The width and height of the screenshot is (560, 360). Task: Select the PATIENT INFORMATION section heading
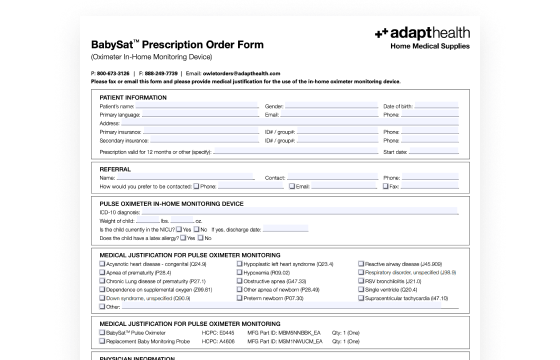point(133,97)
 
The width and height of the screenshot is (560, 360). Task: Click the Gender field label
point(274,105)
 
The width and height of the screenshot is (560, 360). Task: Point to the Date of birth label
point(402,105)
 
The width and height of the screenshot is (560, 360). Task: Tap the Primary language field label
point(121,114)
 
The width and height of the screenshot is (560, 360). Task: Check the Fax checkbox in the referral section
point(385,186)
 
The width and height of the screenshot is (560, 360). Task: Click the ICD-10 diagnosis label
point(121,211)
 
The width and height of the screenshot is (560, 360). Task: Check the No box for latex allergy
point(198,238)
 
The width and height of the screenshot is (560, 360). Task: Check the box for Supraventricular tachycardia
point(362,298)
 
